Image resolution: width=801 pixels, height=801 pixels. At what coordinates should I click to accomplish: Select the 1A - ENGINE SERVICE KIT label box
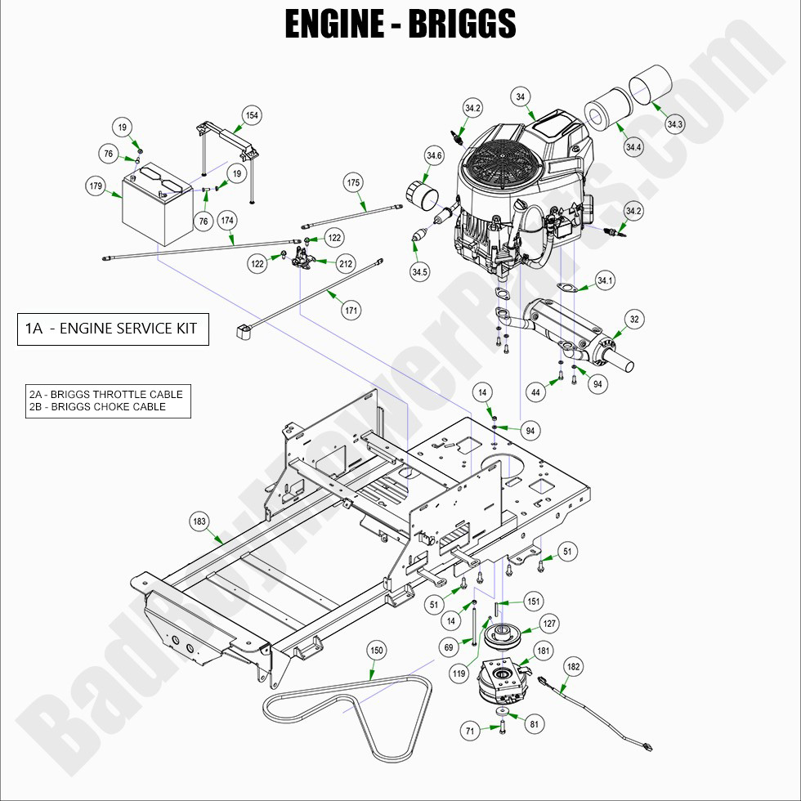pyautogui.click(x=113, y=329)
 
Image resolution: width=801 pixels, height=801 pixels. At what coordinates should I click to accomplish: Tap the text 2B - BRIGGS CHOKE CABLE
pyautogui.click(x=97, y=406)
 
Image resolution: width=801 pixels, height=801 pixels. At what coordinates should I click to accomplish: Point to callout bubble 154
pyautogui.click(x=252, y=116)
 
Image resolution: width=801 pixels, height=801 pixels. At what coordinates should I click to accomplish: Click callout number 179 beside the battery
pyautogui.click(x=96, y=186)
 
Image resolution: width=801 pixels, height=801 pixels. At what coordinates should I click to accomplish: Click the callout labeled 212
pyautogui.click(x=345, y=263)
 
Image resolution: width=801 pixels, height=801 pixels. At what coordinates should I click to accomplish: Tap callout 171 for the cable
pyautogui.click(x=351, y=311)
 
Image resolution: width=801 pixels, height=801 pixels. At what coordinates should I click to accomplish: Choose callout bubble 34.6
pyautogui.click(x=434, y=155)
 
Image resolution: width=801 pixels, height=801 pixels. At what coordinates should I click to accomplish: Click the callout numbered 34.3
pyautogui.click(x=675, y=124)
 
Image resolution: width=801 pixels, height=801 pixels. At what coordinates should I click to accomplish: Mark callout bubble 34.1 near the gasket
pyautogui.click(x=605, y=281)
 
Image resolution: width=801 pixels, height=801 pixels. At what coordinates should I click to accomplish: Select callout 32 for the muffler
pyautogui.click(x=634, y=319)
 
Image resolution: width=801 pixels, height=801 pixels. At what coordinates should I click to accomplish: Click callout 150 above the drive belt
pyautogui.click(x=376, y=651)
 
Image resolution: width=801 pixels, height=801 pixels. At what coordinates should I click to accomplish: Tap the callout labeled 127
pyautogui.click(x=550, y=624)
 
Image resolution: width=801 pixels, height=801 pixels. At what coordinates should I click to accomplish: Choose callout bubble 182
pyautogui.click(x=574, y=667)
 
